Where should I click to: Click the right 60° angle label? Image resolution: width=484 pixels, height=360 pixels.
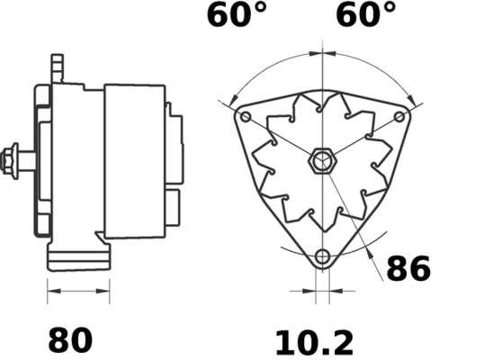click(x=366, y=15)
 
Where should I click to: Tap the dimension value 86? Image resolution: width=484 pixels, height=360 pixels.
click(x=408, y=269)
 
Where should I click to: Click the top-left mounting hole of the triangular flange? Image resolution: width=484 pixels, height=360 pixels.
click(x=245, y=117)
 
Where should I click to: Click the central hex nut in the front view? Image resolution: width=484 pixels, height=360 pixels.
click(x=321, y=163)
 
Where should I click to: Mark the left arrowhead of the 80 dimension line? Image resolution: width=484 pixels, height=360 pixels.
click(x=50, y=292)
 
